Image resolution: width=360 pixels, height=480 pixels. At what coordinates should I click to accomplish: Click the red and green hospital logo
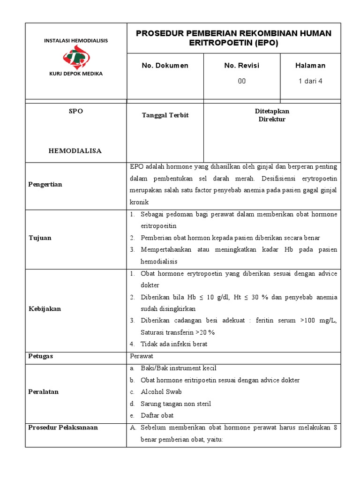point(75,57)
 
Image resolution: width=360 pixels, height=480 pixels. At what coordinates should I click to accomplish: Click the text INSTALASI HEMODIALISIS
point(75,41)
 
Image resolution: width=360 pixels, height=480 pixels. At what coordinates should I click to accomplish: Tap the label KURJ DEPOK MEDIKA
point(75,74)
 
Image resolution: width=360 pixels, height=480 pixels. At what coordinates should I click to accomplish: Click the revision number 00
point(241,81)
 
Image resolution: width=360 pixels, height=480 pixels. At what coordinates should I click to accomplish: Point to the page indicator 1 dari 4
point(310,81)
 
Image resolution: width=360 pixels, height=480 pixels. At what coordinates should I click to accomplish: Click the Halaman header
point(310,66)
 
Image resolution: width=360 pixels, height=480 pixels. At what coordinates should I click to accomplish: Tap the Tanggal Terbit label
point(165,115)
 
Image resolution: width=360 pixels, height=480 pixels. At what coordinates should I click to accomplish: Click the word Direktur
point(272,120)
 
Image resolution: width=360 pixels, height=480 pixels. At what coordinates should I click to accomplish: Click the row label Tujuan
point(40,238)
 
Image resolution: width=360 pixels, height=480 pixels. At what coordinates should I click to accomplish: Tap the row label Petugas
point(41,356)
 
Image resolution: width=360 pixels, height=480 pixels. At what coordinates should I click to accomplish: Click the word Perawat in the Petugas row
point(142,356)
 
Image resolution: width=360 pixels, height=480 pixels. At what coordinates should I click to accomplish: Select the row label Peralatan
point(44,392)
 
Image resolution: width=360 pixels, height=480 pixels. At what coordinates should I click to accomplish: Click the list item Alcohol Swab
point(161,392)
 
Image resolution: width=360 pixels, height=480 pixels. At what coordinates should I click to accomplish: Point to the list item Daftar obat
point(157,416)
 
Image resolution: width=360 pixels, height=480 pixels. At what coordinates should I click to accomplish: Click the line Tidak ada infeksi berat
point(173,344)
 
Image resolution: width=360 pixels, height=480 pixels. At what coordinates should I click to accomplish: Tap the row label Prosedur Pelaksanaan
point(63,427)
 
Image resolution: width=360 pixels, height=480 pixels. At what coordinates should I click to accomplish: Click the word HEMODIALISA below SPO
point(75,151)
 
